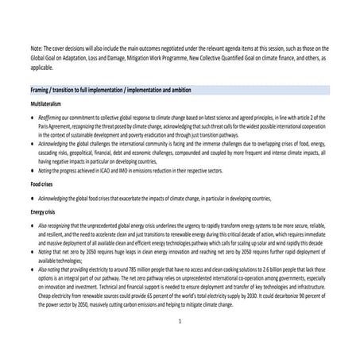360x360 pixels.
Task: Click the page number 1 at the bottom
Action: tap(180, 321)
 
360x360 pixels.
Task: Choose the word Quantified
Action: tap(250, 56)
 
